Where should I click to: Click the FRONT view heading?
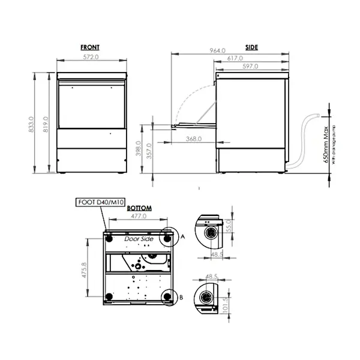click(90, 47)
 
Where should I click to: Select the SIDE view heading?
click(252, 47)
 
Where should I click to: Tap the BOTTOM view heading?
click(139, 208)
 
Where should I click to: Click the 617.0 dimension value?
click(235, 58)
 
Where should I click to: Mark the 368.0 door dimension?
click(194, 139)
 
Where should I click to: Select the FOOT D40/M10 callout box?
click(98, 202)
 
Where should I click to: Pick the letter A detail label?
click(182, 238)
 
